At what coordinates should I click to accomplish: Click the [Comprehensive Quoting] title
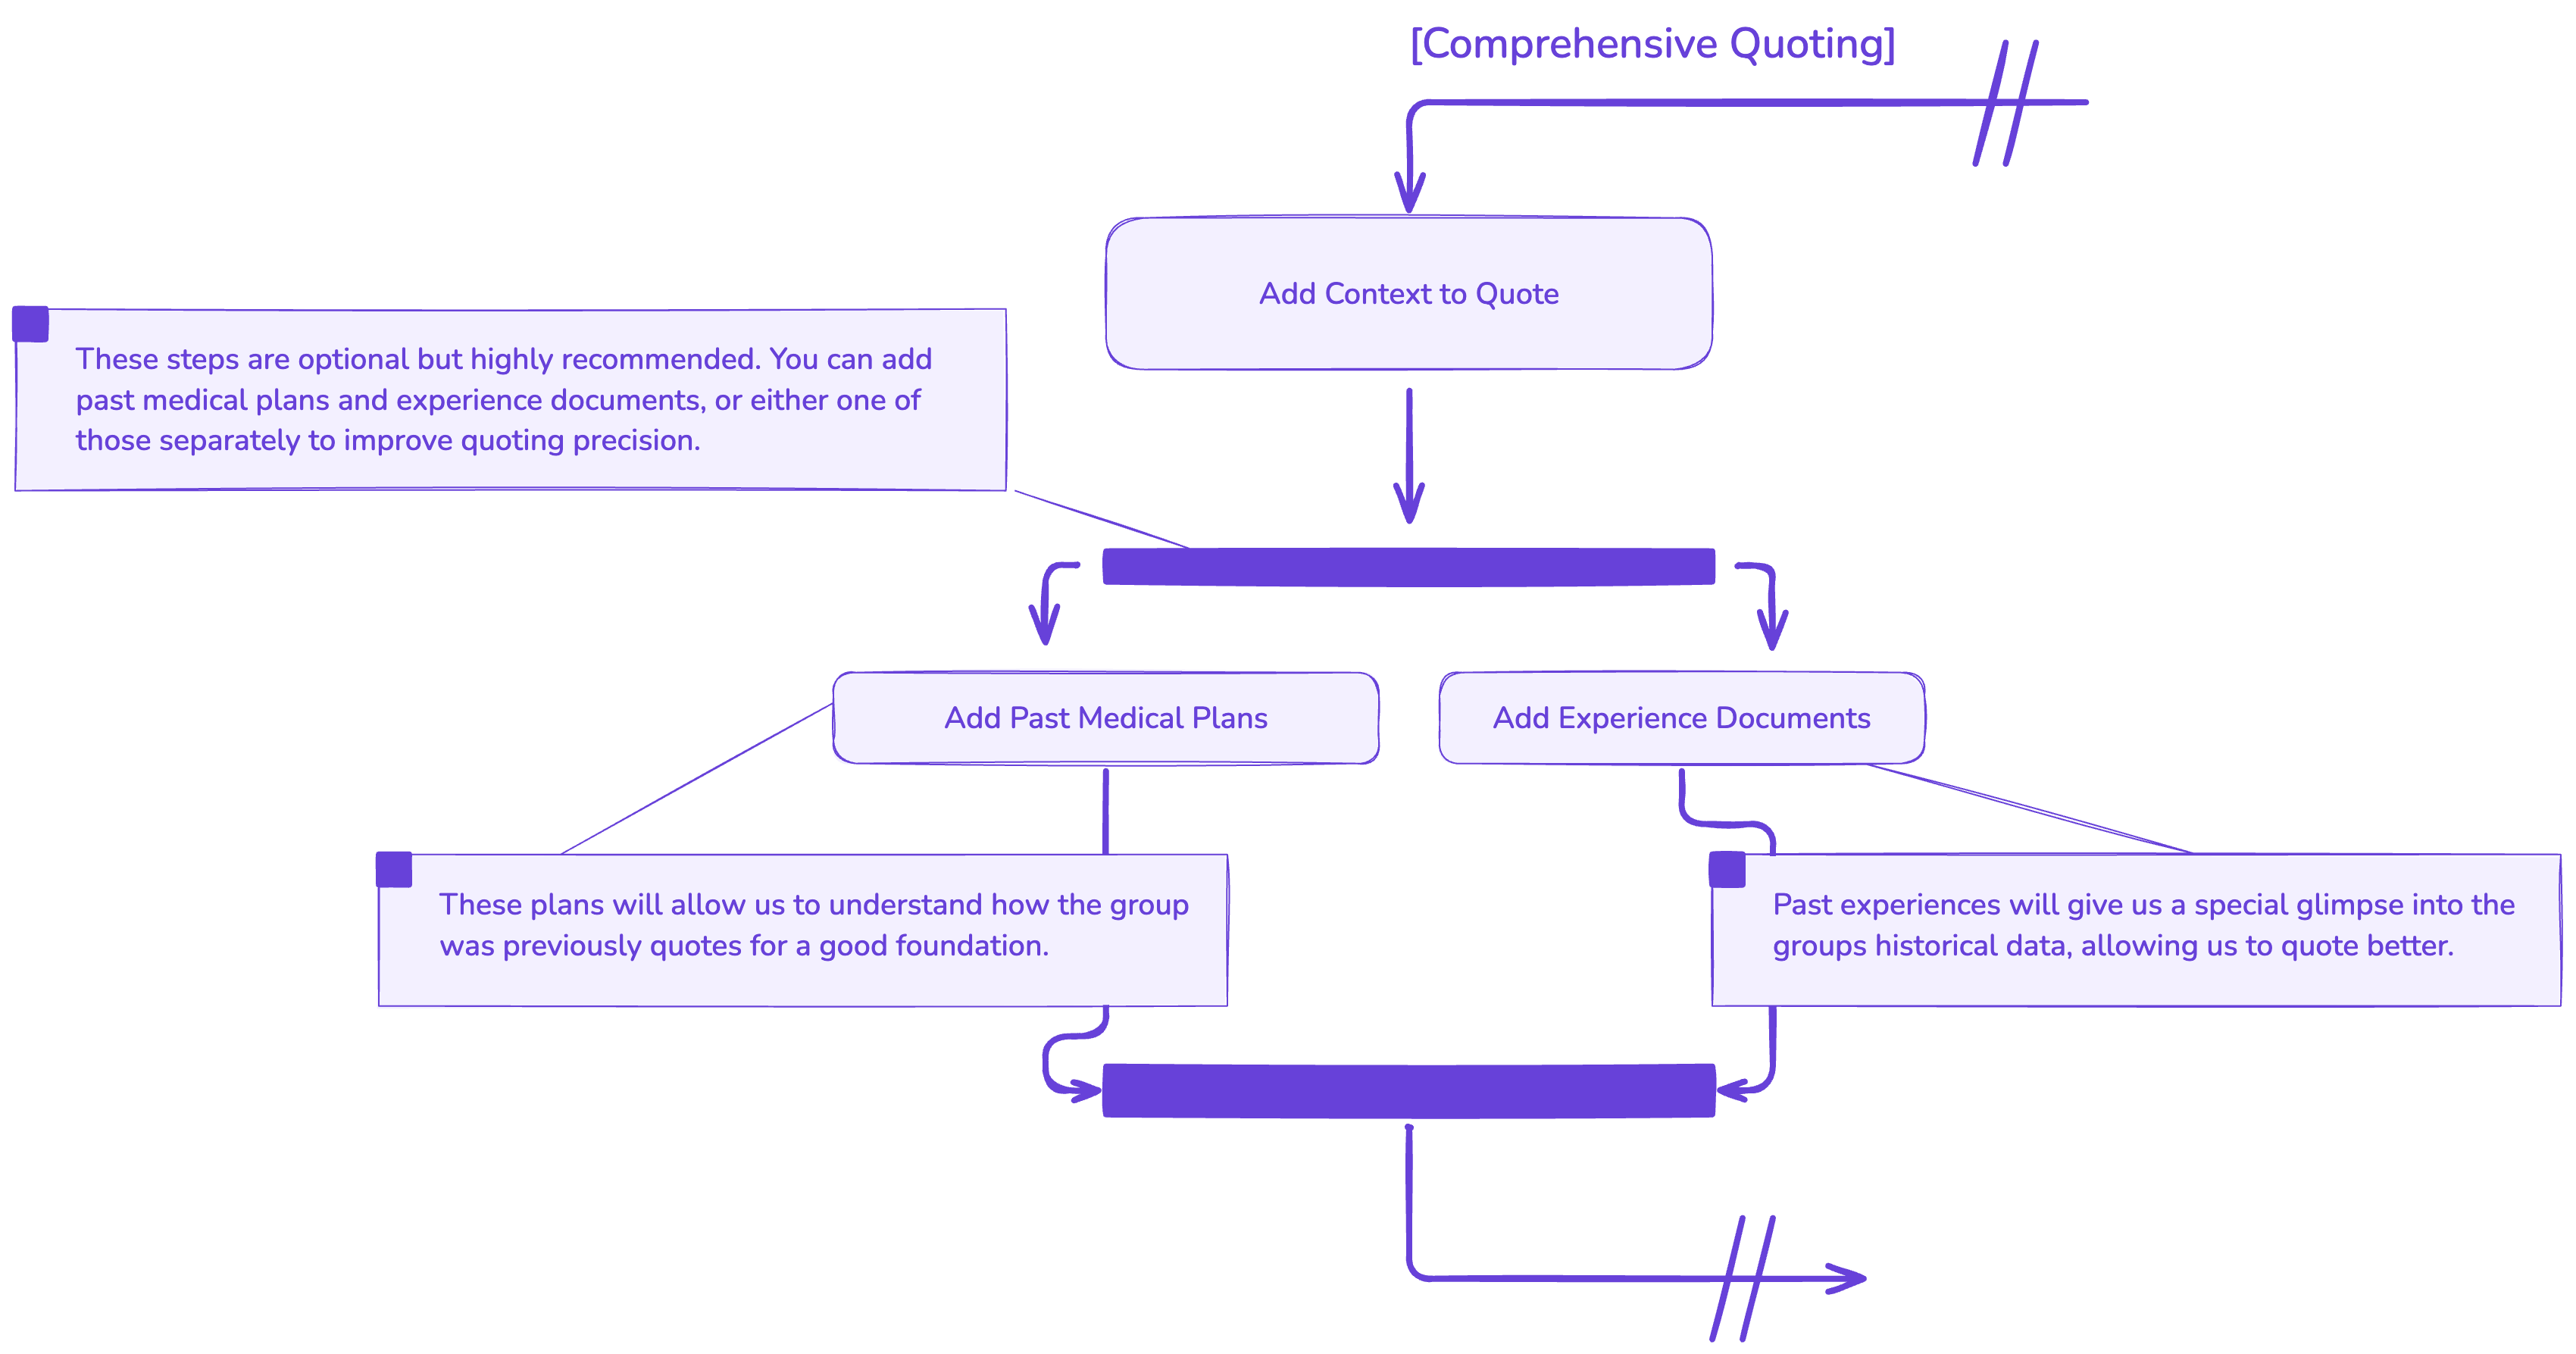pyautogui.click(x=1652, y=45)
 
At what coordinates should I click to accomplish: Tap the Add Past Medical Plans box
pyautogui.click(x=1105, y=718)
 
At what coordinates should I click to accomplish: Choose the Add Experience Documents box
pyautogui.click(x=1681, y=718)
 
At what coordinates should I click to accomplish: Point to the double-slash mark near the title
pyautogui.click(x=2005, y=102)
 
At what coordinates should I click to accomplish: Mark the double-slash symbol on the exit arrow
pyautogui.click(x=1742, y=1278)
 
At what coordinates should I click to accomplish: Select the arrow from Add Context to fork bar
pyautogui.click(x=1409, y=455)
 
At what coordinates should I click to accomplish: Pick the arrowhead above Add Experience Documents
pyautogui.click(x=1772, y=632)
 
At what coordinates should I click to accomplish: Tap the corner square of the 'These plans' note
pyautogui.click(x=394, y=869)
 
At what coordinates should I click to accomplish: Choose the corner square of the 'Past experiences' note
pyautogui.click(x=1727, y=869)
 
